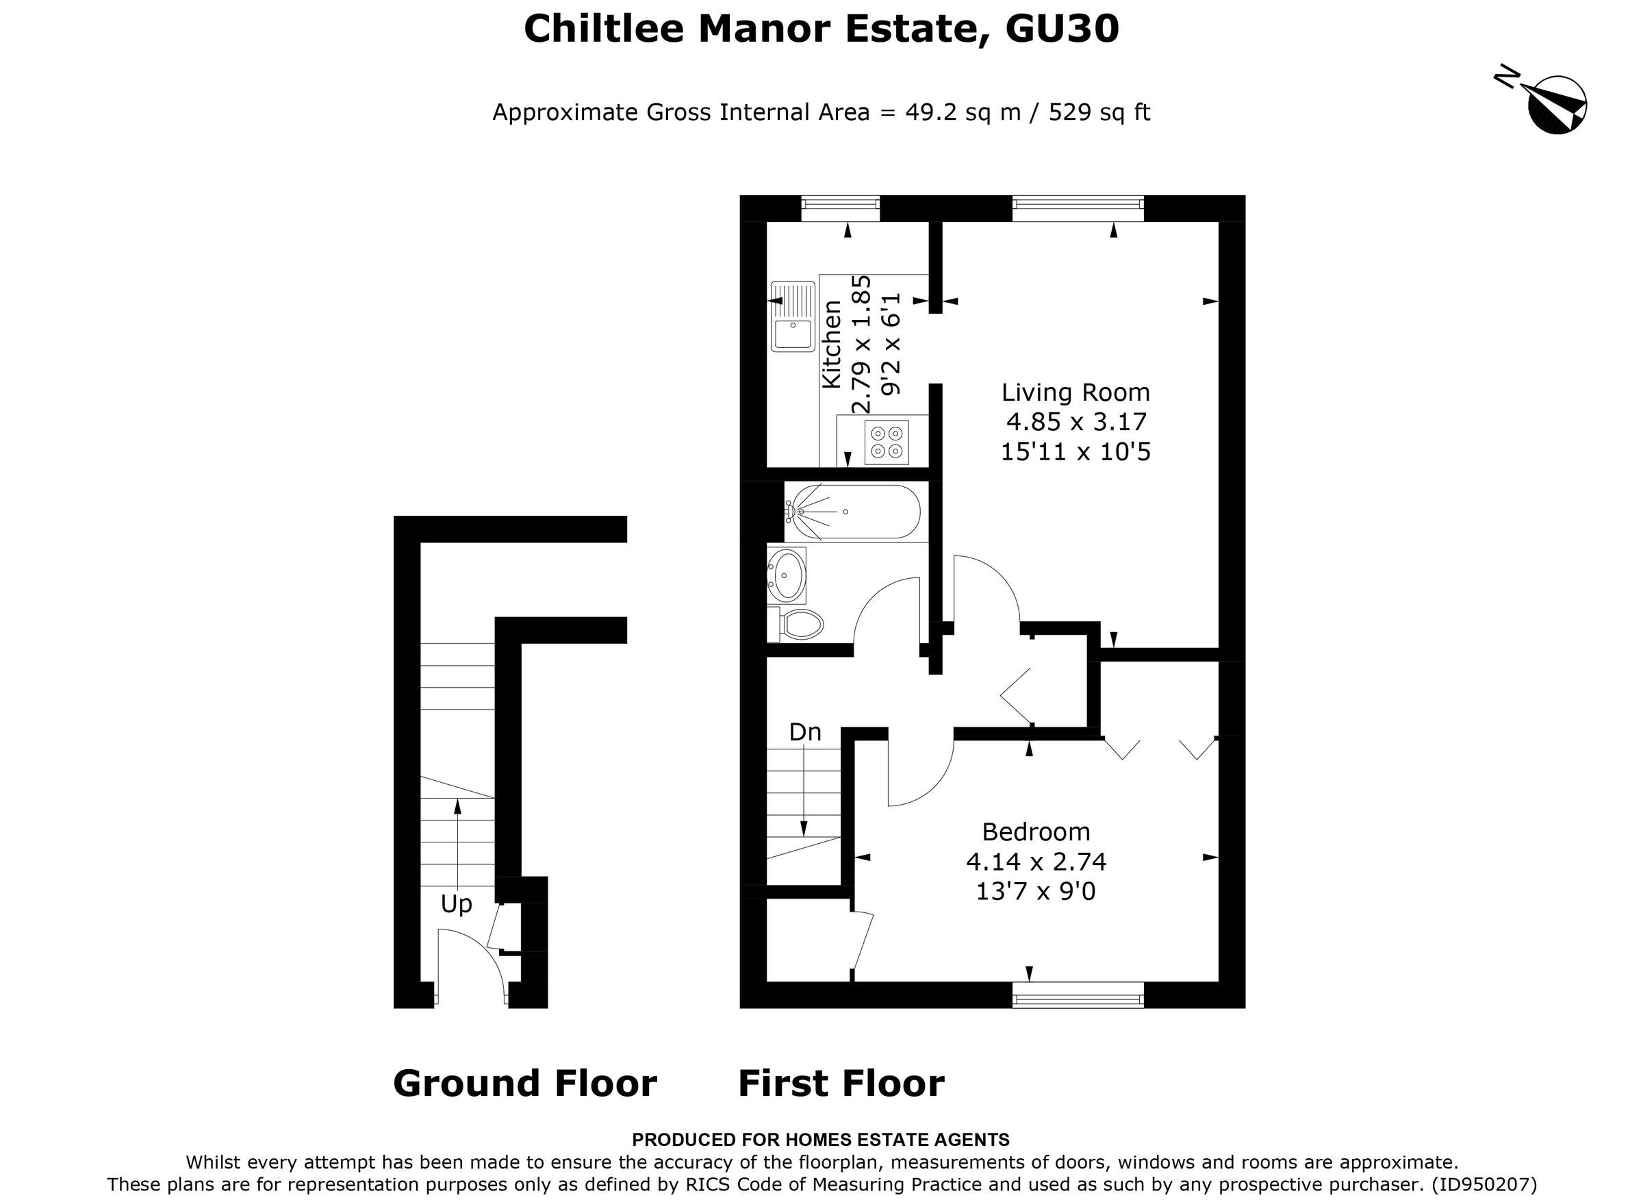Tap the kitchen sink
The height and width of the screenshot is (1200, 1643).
coord(793,317)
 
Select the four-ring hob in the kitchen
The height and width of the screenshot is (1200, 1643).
coord(887,442)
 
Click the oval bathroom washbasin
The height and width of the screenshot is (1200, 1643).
coord(787,576)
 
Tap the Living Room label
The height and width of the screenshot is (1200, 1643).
coord(1075,392)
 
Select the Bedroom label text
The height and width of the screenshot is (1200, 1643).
coord(1035,831)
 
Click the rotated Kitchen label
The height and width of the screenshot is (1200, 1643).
coord(831,345)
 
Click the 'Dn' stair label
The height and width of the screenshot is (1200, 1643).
coord(805,732)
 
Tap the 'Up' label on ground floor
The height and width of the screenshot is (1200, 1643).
coord(456,903)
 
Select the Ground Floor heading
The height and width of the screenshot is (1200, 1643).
coord(524,1083)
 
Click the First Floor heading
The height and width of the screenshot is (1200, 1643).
coord(841,1083)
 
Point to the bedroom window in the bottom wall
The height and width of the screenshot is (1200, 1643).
coord(1078,995)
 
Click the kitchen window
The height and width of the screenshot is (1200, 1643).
coord(840,208)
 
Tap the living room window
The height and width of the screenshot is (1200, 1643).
coord(1078,208)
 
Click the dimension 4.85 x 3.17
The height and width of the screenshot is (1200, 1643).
coord(1075,422)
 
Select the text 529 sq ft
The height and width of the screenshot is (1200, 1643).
coord(1099,112)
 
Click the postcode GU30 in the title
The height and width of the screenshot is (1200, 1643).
coord(1062,29)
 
